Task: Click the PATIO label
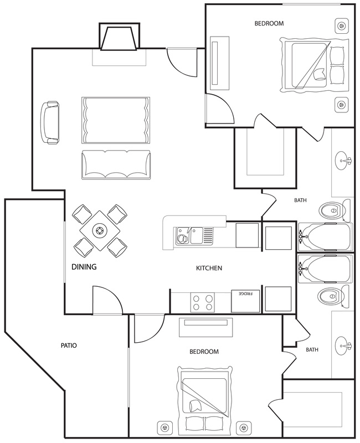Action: click(69, 345)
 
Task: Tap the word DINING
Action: click(84, 267)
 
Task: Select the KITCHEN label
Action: click(209, 268)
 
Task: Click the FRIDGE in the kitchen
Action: click(245, 301)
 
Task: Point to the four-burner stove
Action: click(202, 302)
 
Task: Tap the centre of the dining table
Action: click(100, 231)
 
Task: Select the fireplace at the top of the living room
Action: click(119, 37)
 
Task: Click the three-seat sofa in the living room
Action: click(116, 164)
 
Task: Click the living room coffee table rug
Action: click(116, 120)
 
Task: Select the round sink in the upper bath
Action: click(343, 161)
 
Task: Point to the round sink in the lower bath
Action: click(343, 346)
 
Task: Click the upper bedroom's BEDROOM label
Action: click(269, 23)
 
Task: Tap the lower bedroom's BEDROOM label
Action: click(204, 352)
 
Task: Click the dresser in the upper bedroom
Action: click(219, 63)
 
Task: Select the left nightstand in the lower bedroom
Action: click(164, 428)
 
